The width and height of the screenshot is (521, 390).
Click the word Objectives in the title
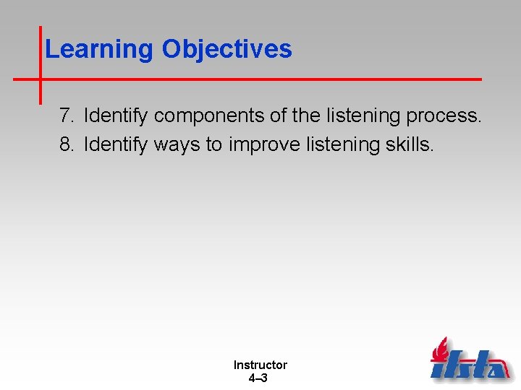(226, 49)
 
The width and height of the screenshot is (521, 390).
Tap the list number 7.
(67, 116)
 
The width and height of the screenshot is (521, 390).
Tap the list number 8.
(67, 144)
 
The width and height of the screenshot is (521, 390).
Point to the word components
(214, 116)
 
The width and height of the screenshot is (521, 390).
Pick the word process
(446, 116)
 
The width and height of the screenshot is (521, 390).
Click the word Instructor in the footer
(260, 365)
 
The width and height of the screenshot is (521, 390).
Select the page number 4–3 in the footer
(258, 378)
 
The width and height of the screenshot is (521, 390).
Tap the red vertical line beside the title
(40, 65)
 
